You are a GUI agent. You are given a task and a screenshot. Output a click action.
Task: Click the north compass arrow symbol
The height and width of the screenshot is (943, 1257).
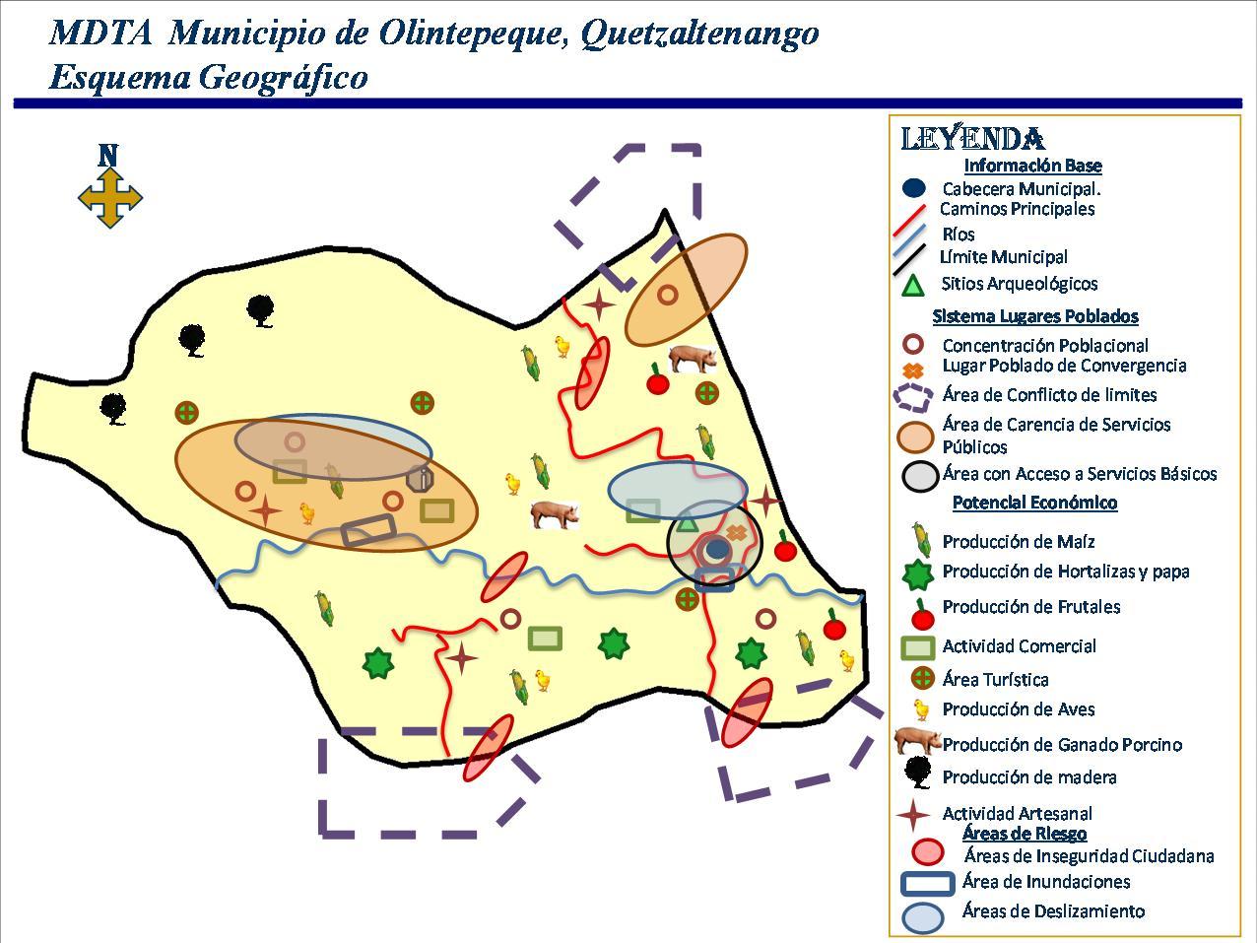point(109,196)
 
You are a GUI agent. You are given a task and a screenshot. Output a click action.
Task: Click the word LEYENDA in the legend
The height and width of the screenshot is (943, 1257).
point(972,139)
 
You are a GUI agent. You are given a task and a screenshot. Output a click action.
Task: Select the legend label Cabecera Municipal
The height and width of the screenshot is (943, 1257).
point(1021,188)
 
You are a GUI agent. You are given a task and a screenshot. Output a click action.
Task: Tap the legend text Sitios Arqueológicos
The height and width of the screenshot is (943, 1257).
point(1019,284)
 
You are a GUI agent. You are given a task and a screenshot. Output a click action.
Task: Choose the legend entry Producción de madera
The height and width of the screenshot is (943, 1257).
point(1028,777)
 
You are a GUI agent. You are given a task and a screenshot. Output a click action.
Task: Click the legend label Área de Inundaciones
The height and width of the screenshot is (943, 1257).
point(1045,882)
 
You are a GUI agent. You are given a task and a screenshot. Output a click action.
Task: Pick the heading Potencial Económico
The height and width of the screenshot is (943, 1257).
point(1034,503)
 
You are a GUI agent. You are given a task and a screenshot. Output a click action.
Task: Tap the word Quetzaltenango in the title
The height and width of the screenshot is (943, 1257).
point(699,33)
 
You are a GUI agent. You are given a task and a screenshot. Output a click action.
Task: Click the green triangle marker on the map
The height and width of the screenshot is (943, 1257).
point(688,521)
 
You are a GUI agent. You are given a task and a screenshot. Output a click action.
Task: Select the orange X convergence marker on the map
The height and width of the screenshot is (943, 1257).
point(736,533)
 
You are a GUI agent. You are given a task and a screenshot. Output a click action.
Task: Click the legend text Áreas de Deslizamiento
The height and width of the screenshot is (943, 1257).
point(1053,911)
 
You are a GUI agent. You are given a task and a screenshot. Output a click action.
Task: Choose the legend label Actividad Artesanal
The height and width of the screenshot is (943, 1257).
point(1017,814)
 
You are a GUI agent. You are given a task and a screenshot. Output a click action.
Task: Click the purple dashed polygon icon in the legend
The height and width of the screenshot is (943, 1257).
point(913,396)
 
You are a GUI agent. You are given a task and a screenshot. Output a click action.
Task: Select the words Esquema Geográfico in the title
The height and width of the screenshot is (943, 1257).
point(208,77)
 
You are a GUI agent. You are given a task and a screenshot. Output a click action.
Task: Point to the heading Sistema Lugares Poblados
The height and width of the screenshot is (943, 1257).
point(1034,316)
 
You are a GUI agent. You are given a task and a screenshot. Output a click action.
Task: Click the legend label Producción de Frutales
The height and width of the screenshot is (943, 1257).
point(1030,607)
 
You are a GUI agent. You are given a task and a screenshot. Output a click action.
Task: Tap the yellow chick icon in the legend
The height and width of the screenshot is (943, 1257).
point(920,709)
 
